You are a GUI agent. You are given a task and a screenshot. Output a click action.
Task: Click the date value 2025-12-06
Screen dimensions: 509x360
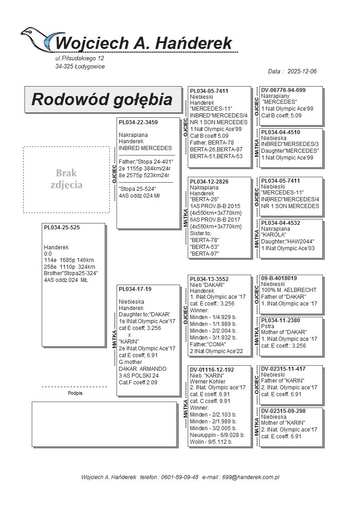(x=302, y=72)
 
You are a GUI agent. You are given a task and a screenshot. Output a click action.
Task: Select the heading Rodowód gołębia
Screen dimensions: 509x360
(x=102, y=99)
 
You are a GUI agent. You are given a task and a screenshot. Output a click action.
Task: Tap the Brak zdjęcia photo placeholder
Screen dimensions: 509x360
(x=66, y=179)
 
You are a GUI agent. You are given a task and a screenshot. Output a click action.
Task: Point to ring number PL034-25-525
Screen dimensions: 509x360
(x=62, y=228)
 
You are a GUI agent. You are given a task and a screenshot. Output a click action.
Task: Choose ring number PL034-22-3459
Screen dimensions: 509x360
(x=138, y=122)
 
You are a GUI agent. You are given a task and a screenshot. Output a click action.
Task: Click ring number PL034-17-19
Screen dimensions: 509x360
(x=135, y=289)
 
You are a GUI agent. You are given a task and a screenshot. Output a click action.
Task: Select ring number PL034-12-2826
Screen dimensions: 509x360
(x=209, y=182)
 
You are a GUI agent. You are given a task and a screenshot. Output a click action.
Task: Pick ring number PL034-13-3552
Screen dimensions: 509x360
(x=209, y=279)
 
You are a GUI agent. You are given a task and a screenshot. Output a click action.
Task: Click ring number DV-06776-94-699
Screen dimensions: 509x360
(x=283, y=90)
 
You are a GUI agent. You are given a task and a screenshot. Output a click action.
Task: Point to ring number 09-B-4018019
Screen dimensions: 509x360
(x=279, y=278)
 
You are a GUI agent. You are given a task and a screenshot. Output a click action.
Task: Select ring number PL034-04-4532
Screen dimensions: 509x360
(x=281, y=223)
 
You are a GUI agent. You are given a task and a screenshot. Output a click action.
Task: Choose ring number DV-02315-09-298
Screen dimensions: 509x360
(x=283, y=411)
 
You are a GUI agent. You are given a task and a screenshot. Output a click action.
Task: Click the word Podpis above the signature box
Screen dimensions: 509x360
(x=75, y=393)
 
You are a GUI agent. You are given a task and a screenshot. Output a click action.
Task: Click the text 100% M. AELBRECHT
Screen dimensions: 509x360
(x=289, y=290)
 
